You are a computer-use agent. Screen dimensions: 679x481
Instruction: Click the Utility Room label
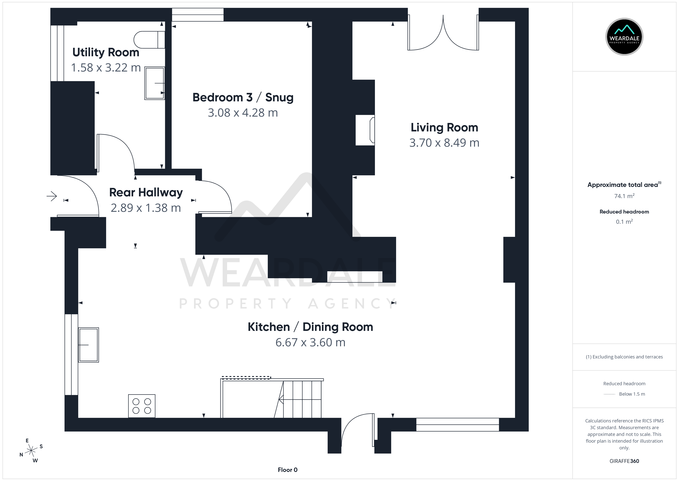[x=106, y=52]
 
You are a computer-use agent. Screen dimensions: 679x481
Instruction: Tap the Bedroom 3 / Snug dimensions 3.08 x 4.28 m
[x=243, y=113]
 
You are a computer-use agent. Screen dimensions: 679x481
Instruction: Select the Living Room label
[x=444, y=128]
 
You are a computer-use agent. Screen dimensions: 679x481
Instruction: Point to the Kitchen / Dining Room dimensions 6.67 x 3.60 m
[x=310, y=342]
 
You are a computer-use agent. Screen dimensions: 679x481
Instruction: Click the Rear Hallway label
[x=146, y=193]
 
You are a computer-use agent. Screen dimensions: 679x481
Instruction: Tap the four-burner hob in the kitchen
[x=142, y=406]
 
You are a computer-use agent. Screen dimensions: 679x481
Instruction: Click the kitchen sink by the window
[x=88, y=345]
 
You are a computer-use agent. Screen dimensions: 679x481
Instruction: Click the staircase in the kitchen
[x=272, y=398]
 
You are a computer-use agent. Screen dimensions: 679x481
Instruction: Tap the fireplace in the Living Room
[x=365, y=130]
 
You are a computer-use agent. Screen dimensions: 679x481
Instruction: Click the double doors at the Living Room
[x=443, y=33]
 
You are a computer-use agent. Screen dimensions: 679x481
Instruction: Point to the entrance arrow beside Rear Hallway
[x=52, y=196]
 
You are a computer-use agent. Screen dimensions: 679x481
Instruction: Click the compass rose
[x=31, y=451]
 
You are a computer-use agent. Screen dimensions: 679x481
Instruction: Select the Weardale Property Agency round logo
[x=624, y=37]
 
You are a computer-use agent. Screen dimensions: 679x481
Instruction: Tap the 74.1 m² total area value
[x=624, y=196]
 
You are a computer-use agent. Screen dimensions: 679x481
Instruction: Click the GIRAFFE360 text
[x=624, y=461]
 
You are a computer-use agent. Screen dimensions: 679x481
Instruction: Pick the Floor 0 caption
[x=288, y=470]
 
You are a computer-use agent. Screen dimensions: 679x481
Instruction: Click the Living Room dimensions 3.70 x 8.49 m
[x=444, y=143]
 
